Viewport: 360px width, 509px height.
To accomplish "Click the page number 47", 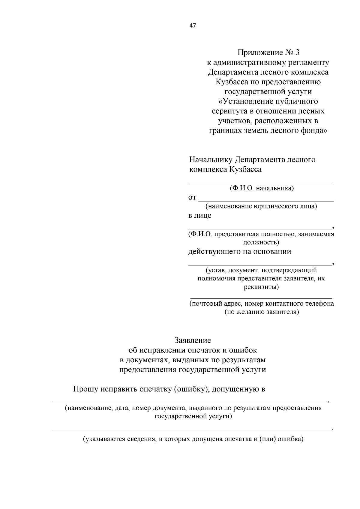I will [193, 26].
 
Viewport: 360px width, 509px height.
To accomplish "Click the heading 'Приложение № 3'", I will [268, 53].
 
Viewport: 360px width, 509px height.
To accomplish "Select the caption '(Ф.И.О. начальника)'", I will [261, 188].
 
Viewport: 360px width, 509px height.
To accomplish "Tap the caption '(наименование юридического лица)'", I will [261, 206].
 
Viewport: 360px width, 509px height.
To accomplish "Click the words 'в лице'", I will [199, 215].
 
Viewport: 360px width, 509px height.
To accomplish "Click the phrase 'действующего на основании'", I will [239, 251].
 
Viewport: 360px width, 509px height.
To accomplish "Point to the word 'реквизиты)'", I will [261, 287].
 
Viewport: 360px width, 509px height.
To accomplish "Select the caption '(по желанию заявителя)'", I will [262, 312].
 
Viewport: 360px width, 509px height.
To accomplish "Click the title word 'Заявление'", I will [193, 340].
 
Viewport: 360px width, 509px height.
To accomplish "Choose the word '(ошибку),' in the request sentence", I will [192, 389].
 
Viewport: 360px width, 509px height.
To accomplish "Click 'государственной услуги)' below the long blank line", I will [193, 417].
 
